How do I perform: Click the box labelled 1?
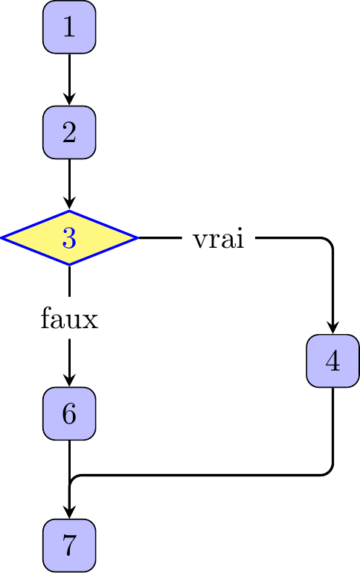click(x=69, y=27)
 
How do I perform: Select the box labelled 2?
click(x=69, y=132)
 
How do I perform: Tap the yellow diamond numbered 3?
click(x=69, y=237)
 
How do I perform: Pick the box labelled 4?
click(x=332, y=361)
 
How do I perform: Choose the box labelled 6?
click(x=69, y=413)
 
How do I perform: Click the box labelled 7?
click(x=69, y=545)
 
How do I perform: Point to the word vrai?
click(x=219, y=239)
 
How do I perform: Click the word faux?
click(x=69, y=318)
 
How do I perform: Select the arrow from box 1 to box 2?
click(x=69, y=80)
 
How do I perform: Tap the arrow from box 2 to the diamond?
click(x=69, y=185)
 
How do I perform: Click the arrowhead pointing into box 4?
click(x=332, y=327)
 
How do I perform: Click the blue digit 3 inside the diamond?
click(x=69, y=238)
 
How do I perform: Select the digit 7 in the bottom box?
click(x=69, y=545)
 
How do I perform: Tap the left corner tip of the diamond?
click(x=1, y=237)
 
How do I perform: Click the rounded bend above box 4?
click(x=330, y=241)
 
